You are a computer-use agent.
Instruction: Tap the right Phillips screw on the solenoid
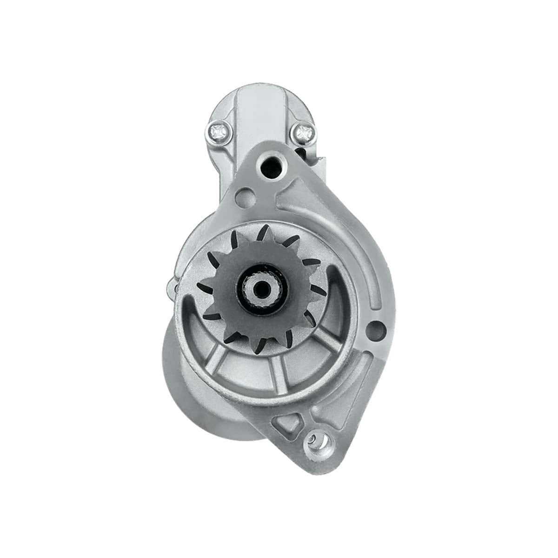tap(302, 133)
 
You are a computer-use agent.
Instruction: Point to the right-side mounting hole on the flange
tap(376, 331)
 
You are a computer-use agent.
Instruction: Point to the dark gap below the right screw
tap(308, 153)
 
